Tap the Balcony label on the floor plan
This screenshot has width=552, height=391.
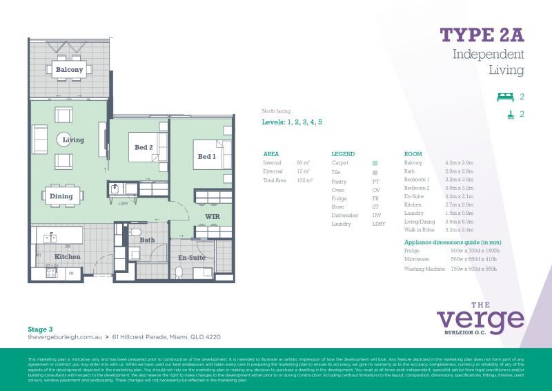[x=69, y=70]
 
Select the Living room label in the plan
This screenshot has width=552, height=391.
[x=73, y=140]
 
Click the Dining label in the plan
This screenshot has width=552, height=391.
[x=61, y=196]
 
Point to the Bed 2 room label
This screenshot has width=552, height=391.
[x=144, y=146]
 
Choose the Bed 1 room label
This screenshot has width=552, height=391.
[x=207, y=157]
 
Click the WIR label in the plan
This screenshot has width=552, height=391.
[x=212, y=217]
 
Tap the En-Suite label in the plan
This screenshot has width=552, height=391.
[x=192, y=257]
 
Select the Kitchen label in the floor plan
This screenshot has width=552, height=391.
[x=68, y=257]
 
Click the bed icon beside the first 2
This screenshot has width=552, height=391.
[x=506, y=97]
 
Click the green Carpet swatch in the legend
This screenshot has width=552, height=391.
[x=375, y=163]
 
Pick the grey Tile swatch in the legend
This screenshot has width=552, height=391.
[x=375, y=172]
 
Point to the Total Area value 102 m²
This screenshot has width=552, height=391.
[x=304, y=180]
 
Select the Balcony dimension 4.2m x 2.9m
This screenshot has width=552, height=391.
[x=460, y=163]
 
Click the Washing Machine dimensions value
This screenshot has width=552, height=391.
[x=473, y=268]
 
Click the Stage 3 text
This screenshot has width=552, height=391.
[x=40, y=330]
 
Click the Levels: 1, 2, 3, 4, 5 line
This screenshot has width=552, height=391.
[x=292, y=122]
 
